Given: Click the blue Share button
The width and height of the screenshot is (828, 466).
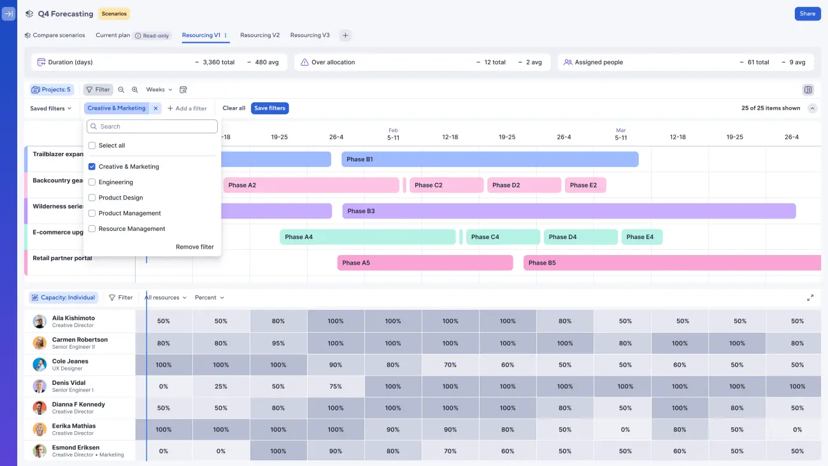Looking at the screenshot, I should click(807, 13).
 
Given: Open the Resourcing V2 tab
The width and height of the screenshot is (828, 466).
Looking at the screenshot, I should click(259, 36).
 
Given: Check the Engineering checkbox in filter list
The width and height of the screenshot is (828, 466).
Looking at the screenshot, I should click(92, 182).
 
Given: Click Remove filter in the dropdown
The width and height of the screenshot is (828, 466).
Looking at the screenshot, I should click(194, 247).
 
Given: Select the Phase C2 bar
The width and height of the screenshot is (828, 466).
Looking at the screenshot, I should click(446, 186).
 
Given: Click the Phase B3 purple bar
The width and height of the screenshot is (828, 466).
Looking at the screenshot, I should click(568, 211).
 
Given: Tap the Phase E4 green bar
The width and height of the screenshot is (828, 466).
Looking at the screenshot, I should click(641, 237).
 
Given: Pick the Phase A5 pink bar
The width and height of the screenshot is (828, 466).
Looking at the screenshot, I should click(424, 263).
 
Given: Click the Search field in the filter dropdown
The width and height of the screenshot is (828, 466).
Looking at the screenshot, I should click(153, 126).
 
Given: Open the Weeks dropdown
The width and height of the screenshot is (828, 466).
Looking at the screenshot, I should click(159, 90).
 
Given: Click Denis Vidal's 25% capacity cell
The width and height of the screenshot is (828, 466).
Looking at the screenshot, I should click(221, 386).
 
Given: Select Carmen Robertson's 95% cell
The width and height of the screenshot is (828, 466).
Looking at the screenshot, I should click(278, 343).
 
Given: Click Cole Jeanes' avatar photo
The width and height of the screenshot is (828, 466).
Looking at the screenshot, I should click(39, 365).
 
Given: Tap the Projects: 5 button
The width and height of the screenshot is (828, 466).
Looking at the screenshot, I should click(52, 90).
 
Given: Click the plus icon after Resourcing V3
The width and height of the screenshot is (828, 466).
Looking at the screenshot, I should click(345, 36).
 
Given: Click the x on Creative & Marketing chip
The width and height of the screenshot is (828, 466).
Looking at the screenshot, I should click(156, 108).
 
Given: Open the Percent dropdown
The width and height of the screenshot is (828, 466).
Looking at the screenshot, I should click(210, 298).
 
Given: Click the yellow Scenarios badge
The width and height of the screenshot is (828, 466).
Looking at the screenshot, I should click(114, 13).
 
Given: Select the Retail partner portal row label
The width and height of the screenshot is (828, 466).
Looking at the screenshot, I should click(62, 258).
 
